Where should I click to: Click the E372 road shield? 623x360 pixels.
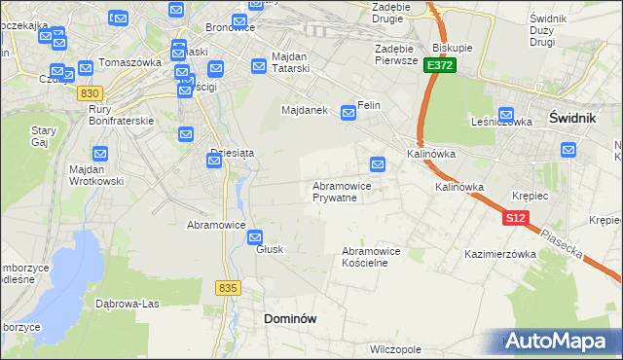click(x=440, y=65)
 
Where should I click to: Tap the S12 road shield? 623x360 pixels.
click(x=516, y=219)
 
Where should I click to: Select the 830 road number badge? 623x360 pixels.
click(x=91, y=92)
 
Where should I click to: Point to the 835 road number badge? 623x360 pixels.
click(x=229, y=288)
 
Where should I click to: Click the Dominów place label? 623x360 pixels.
click(x=291, y=318)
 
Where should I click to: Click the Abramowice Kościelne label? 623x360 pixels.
click(x=371, y=257)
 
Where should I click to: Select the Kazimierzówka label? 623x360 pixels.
click(x=501, y=254)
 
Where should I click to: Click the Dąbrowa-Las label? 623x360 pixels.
click(x=127, y=303)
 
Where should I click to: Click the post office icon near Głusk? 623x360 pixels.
click(x=255, y=236)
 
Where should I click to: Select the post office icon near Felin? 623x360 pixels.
click(x=348, y=115)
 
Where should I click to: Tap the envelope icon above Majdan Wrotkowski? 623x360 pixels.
click(x=100, y=154)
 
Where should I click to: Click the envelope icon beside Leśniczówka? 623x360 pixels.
click(x=506, y=115)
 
